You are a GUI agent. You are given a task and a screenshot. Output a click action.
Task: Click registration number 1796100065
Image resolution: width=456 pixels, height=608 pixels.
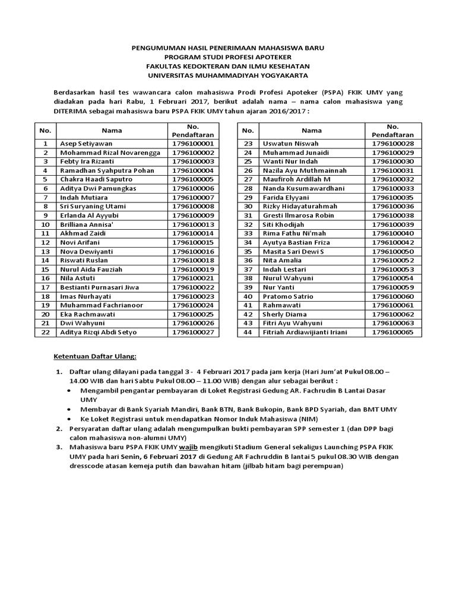tap(392, 332)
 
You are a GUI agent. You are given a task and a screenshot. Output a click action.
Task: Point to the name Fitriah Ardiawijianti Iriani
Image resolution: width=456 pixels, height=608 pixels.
tap(313, 332)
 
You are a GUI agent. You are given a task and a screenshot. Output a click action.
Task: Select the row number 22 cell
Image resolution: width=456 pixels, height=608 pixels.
tap(45, 332)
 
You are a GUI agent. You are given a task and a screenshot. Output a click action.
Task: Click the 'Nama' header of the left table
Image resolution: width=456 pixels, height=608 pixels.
tap(111, 131)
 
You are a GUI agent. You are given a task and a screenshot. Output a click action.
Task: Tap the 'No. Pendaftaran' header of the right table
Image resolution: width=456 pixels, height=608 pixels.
tap(392, 131)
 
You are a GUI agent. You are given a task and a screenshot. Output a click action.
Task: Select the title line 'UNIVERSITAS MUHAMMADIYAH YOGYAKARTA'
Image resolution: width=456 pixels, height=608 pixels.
tap(228, 75)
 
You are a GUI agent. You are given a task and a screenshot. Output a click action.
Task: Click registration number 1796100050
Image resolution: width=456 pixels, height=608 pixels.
tap(392, 251)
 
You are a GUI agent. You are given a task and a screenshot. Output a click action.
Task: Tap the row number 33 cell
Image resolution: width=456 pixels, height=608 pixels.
tap(248, 233)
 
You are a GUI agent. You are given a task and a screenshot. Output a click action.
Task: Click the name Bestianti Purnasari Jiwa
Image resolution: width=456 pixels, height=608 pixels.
tap(100, 287)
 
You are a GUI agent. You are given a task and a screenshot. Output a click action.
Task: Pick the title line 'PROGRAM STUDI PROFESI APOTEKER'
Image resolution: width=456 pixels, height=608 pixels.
tap(228, 58)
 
